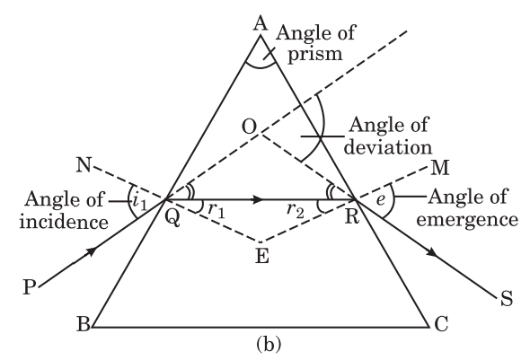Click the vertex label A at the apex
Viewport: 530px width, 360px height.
[261, 24]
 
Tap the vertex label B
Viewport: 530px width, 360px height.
[84, 323]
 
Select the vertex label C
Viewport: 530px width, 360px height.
[441, 323]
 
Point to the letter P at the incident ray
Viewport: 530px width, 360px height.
[30, 287]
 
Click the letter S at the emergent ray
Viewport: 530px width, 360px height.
[506, 299]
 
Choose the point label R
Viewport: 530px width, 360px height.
[352, 217]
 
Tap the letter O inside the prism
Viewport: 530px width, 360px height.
[250, 127]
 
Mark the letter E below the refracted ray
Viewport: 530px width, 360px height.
[262, 256]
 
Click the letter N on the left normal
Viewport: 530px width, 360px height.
[84, 165]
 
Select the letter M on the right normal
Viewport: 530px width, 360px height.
[440, 168]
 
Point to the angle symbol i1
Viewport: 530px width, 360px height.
[139, 201]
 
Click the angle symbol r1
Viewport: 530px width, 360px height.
[216, 210]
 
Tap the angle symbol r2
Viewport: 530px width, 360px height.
[296, 210]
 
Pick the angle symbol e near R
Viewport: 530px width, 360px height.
[381, 200]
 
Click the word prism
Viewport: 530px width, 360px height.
[315, 55]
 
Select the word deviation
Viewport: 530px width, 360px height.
[388, 147]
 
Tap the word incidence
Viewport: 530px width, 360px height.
[64, 222]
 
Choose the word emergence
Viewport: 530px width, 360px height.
[467, 220]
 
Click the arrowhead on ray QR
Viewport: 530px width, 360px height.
[258, 199]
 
